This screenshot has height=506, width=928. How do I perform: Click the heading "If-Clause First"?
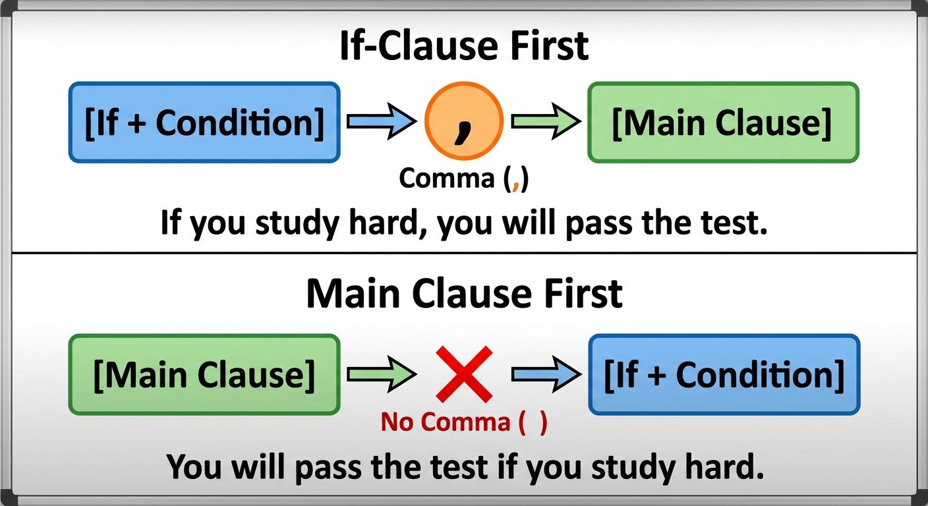(464, 45)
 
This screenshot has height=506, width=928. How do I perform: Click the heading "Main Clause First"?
(464, 295)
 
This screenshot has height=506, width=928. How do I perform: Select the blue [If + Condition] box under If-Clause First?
(204, 123)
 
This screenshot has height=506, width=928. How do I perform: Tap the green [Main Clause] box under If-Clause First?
(723, 123)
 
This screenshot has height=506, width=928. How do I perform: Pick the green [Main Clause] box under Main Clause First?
(204, 374)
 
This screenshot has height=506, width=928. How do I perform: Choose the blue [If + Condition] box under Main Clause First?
(724, 374)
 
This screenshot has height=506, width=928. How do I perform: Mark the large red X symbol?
(464, 374)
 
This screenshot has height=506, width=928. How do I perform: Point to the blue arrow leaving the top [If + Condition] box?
(381, 123)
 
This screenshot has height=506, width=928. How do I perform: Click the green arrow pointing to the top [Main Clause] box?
(546, 123)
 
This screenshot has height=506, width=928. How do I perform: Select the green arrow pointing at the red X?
(381, 374)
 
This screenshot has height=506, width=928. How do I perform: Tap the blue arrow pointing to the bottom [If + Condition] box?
(546, 374)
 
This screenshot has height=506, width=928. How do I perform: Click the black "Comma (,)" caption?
(464, 179)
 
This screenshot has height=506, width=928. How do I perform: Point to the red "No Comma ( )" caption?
(464, 422)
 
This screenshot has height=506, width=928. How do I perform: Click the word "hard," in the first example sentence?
(388, 224)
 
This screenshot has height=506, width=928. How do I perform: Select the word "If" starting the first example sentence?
(170, 224)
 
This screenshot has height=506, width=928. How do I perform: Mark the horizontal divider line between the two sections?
(464, 253)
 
